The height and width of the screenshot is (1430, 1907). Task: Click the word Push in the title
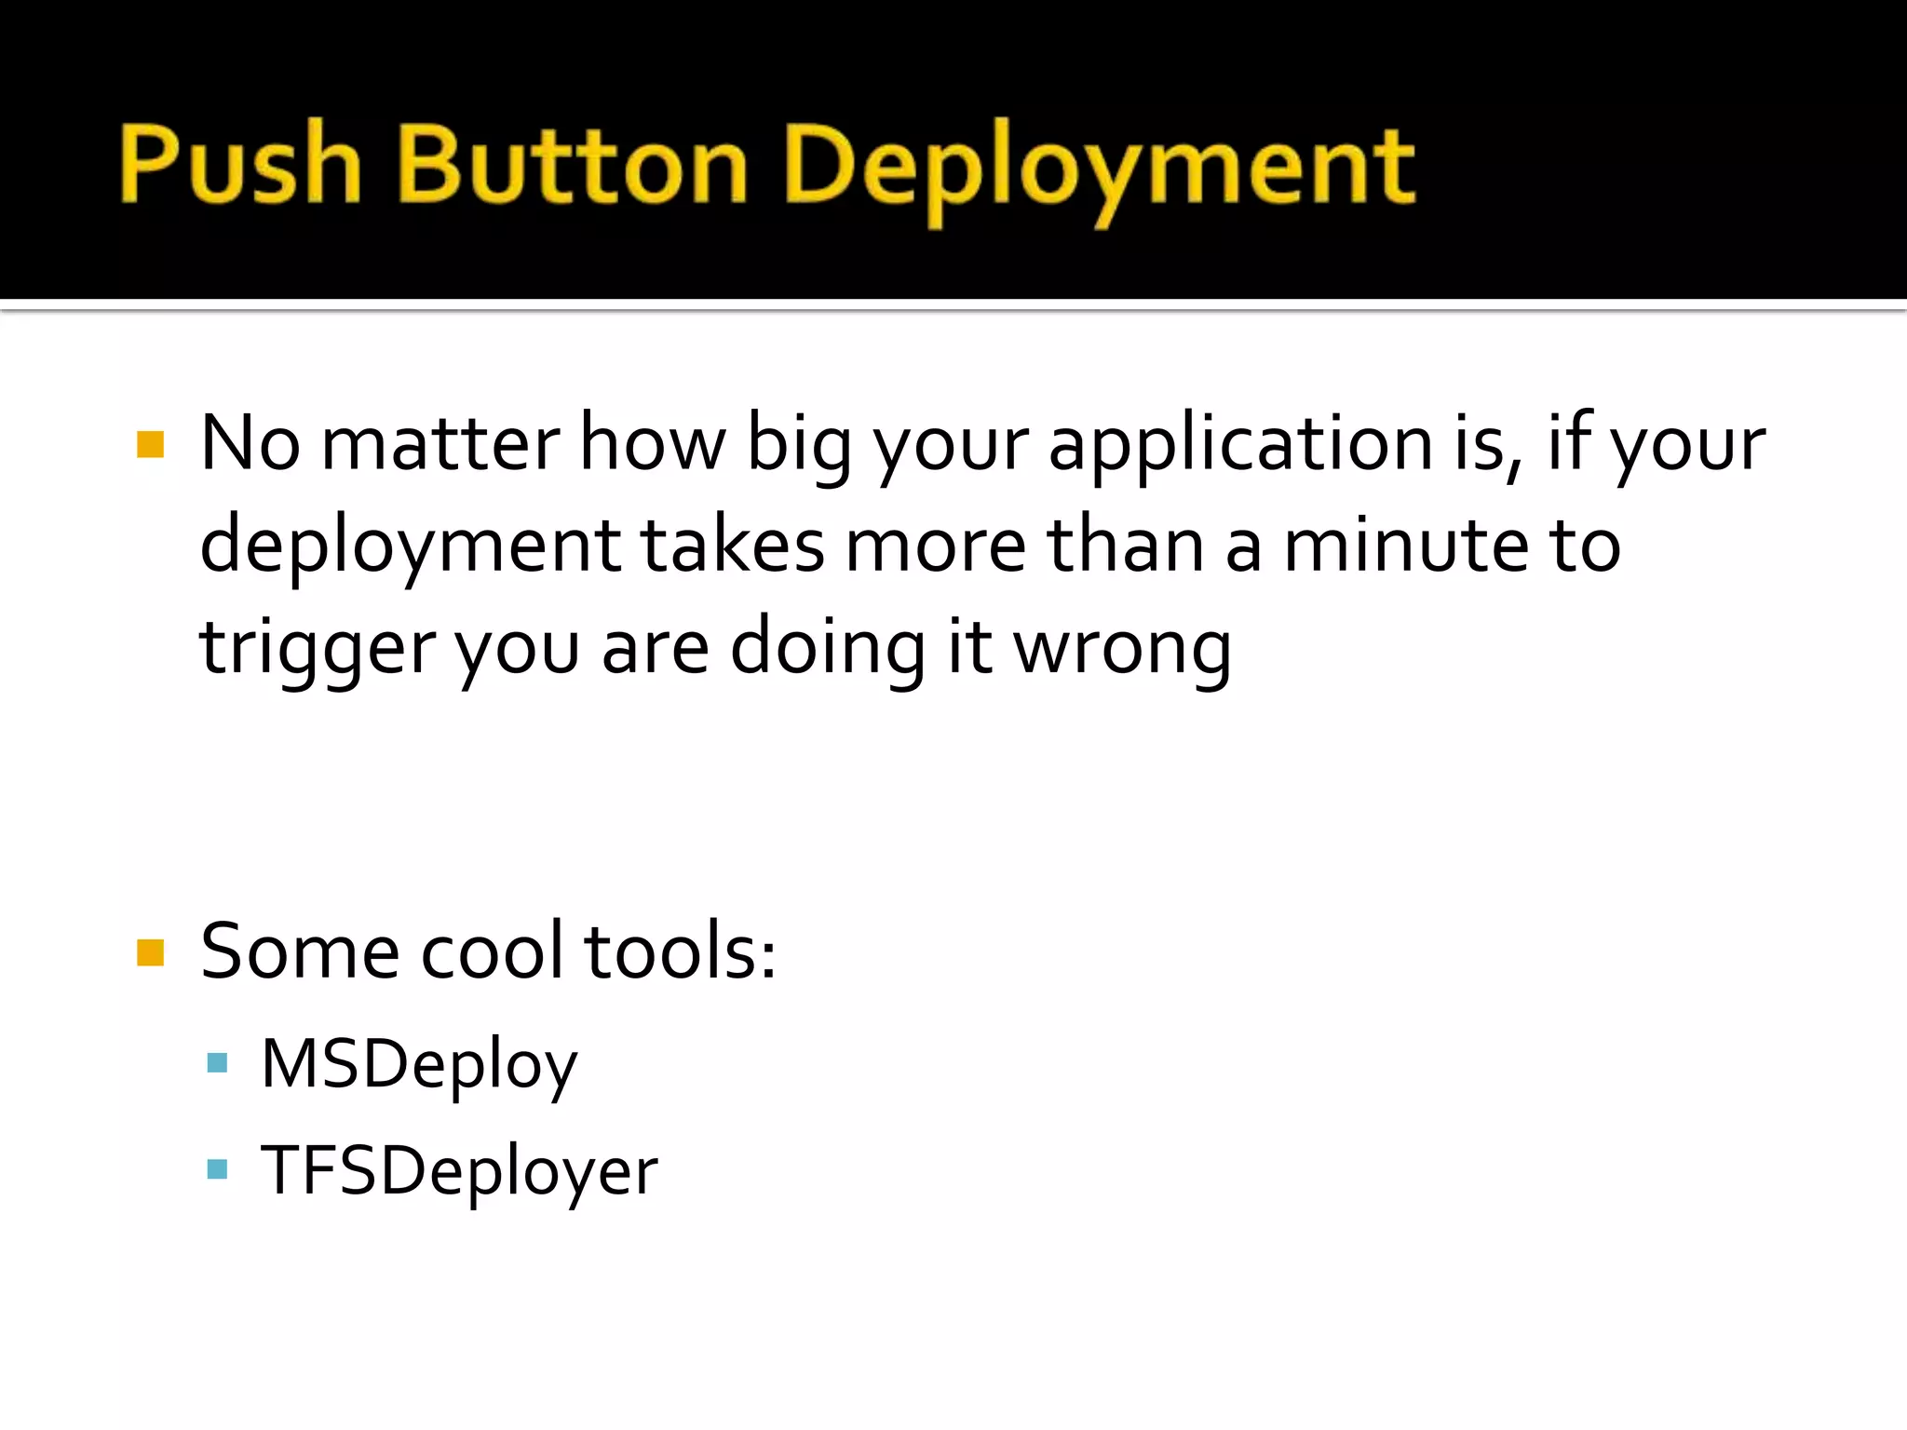coord(240,166)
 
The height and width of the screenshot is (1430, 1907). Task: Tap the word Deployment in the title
coord(1101,168)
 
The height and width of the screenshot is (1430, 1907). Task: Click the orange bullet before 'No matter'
coord(150,444)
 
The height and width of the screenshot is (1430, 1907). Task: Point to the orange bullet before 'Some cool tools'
coord(150,952)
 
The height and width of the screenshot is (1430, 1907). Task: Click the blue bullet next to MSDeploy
coord(217,1062)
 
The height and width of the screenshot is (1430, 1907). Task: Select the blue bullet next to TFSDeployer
coord(217,1168)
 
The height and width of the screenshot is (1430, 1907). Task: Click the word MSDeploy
coord(419,1064)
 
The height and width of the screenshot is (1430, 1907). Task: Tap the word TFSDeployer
coord(459,1170)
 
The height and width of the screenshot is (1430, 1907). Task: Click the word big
coord(799,445)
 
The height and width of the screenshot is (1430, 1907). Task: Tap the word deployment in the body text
coord(410,547)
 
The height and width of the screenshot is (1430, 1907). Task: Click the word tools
coord(680,951)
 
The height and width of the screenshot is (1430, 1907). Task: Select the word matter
coord(440,444)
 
